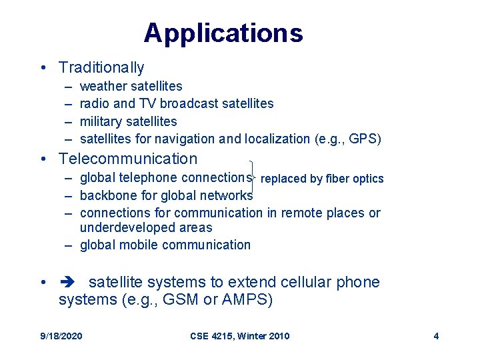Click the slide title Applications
pyautogui.click(x=223, y=33)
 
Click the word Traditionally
pyautogui.click(x=101, y=67)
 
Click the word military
pyautogui.click(x=100, y=121)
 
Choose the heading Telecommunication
pyautogui.click(x=128, y=159)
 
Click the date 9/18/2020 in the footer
pyautogui.click(x=61, y=336)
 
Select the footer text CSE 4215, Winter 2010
pyautogui.click(x=239, y=336)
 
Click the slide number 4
pyautogui.click(x=436, y=336)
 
